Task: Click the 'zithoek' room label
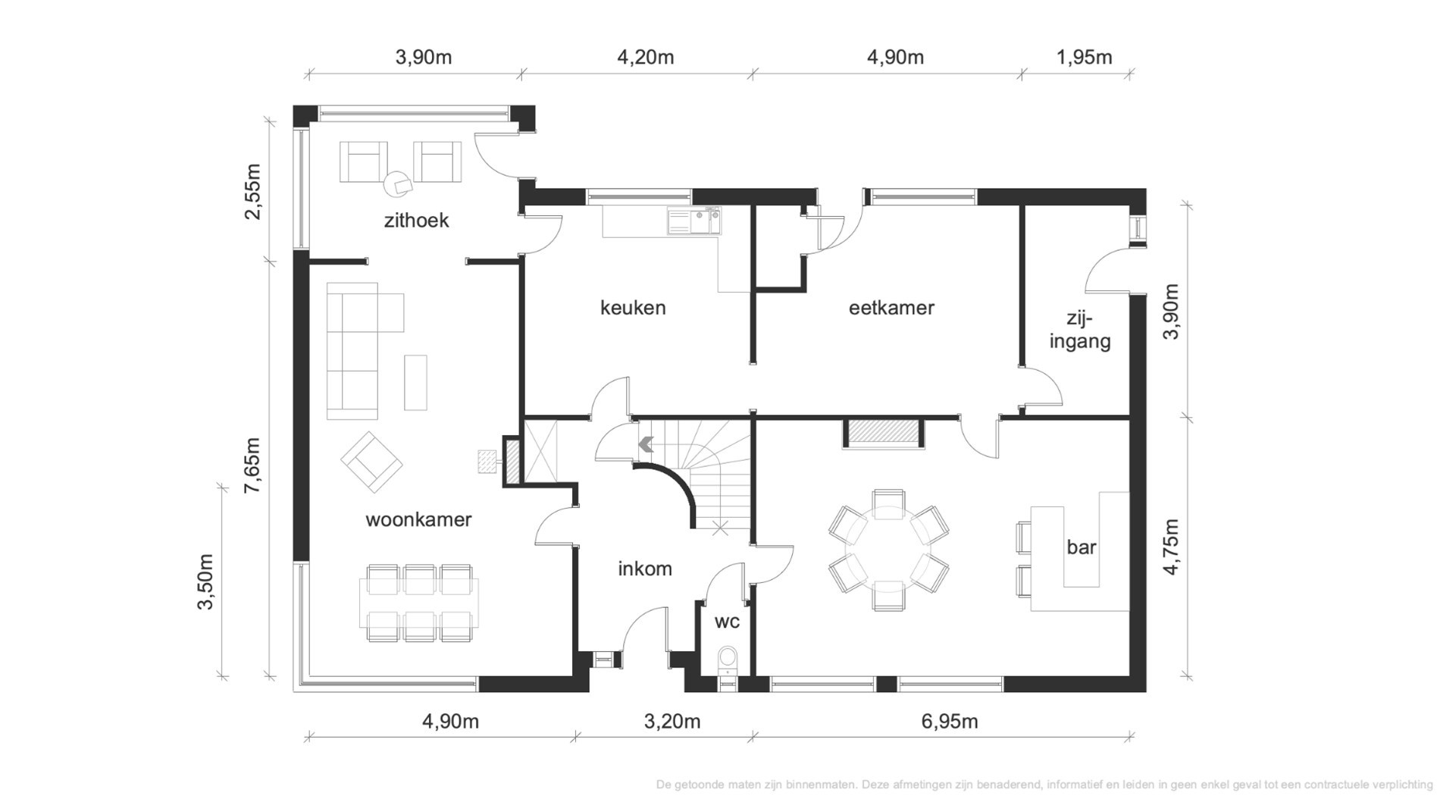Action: point(416,221)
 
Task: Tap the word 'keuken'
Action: point(633,308)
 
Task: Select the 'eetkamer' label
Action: point(891,308)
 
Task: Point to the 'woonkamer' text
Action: point(418,520)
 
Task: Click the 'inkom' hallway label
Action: point(645,569)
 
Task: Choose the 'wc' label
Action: point(727,622)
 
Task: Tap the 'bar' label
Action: point(1081,547)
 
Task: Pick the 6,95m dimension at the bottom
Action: point(950,722)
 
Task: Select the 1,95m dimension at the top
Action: point(1084,58)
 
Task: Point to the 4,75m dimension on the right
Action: point(1171,547)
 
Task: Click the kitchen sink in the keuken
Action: point(693,221)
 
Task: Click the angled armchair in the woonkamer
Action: point(371,461)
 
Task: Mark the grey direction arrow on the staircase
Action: point(646,444)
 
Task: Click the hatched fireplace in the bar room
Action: point(884,432)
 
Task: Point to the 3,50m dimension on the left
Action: point(205,582)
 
